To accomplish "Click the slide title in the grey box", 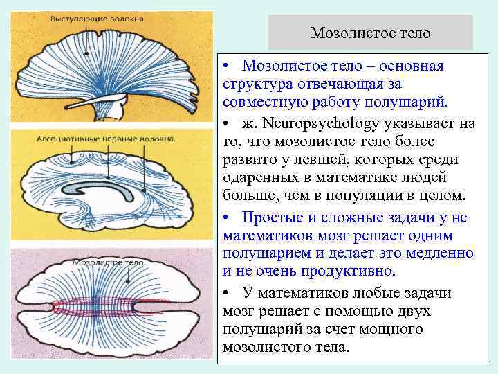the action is (370, 33).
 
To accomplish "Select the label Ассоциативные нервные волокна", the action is (108, 139).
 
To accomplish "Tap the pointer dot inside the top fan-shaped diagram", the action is (85, 53).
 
